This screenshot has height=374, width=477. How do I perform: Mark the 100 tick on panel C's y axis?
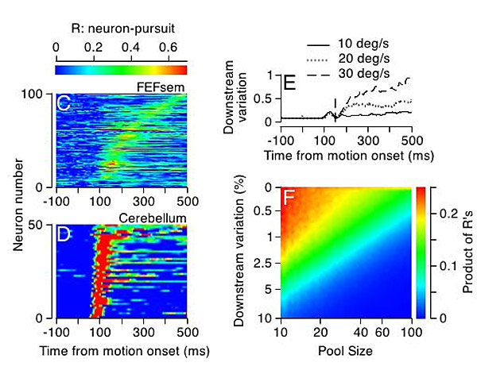coord(38,94)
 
